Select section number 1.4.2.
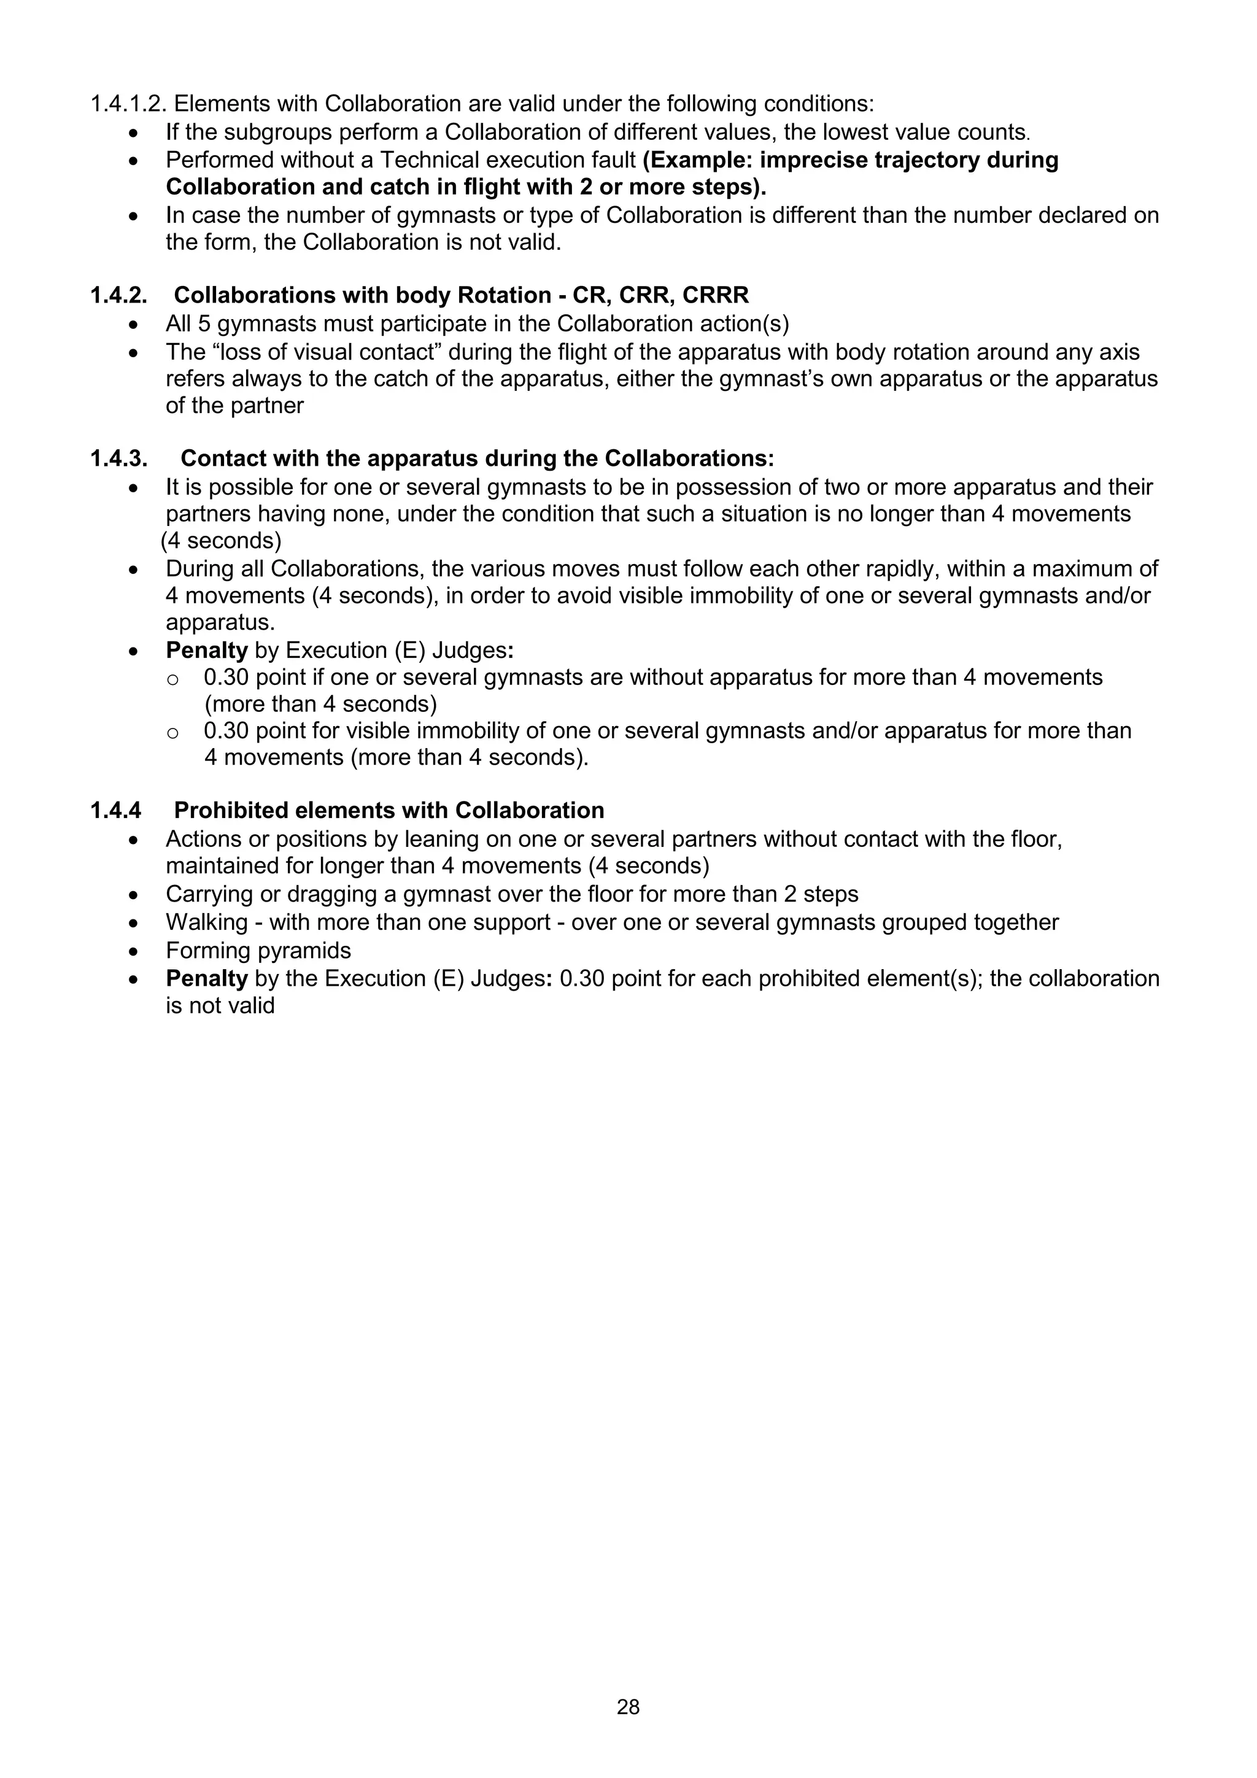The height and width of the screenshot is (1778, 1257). [118, 295]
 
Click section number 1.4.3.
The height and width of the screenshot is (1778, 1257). [118, 458]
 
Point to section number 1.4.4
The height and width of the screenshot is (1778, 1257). [116, 810]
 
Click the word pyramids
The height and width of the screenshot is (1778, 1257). [307, 950]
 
